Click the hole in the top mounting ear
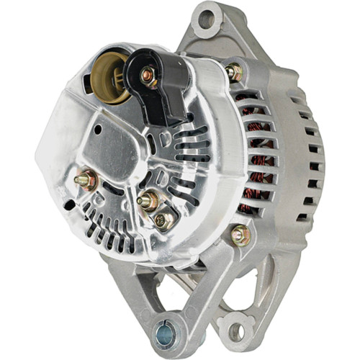click(x=207, y=19)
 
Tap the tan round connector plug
click(x=109, y=74)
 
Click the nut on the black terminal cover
click(x=147, y=73)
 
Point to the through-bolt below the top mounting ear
click(x=234, y=71)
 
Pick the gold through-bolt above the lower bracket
click(x=240, y=235)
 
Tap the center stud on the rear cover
click(x=148, y=201)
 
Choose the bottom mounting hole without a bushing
click(x=234, y=331)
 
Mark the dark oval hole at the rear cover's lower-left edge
click(x=68, y=205)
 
